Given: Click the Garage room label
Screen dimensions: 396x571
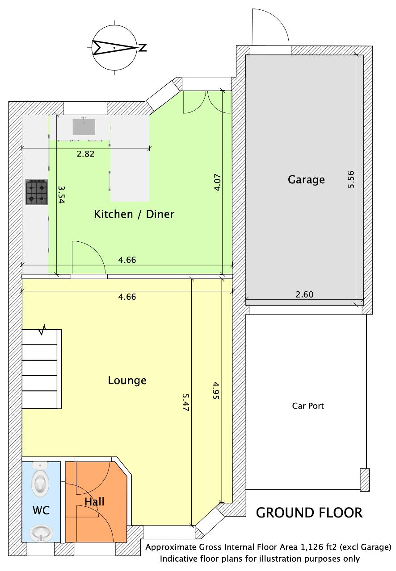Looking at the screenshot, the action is (306, 180).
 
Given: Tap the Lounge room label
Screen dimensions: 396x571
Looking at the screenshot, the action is (127, 381).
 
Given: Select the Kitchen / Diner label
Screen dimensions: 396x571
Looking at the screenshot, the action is (134, 214).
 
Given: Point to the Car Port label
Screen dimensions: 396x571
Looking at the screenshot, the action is (308, 406).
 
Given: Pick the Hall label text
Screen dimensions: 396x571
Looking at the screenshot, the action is (94, 502).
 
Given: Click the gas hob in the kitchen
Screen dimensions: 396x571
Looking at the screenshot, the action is (37, 192).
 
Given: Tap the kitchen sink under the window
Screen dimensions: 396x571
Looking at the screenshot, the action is (84, 127).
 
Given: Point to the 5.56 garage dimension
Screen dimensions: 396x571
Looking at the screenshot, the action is (351, 179).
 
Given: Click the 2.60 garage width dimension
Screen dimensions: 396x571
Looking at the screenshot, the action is (304, 294).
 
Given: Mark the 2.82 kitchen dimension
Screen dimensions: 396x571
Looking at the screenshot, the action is (85, 154).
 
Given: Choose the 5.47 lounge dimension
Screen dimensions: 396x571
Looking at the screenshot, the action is (185, 402).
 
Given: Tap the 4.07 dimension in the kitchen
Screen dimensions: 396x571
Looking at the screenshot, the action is (217, 182).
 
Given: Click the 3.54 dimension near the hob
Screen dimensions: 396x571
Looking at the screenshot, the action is (61, 194).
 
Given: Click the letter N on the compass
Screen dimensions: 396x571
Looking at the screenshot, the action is (143, 47).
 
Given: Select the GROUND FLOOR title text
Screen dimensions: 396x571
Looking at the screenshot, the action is (309, 513).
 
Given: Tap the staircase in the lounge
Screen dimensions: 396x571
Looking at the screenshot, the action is (42, 369).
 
